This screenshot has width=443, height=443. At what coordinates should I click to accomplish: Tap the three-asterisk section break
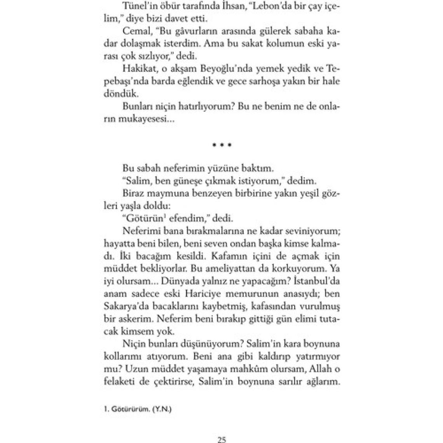tap(222, 146)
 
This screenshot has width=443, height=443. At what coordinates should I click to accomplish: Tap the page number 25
tap(222, 440)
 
